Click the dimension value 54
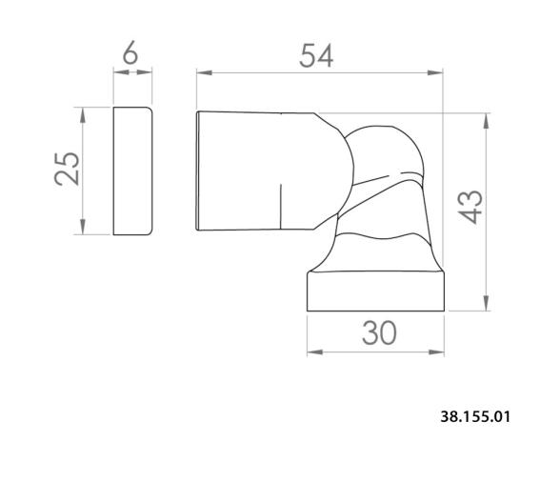[x=317, y=55]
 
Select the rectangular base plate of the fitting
[x=375, y=291]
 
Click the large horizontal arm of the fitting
[x=257, y=170]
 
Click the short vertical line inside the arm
[x=281, y=205]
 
